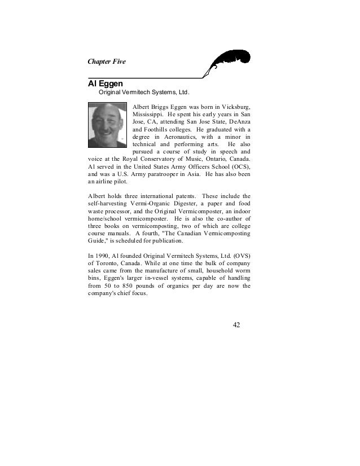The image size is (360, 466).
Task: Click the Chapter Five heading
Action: pos(107,61)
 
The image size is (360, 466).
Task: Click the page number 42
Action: pos(237,325)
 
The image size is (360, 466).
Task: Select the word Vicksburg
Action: pos(236,105)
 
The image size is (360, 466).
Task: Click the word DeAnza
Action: pos(239,121)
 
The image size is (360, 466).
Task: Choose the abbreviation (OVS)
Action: pos(240,255)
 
